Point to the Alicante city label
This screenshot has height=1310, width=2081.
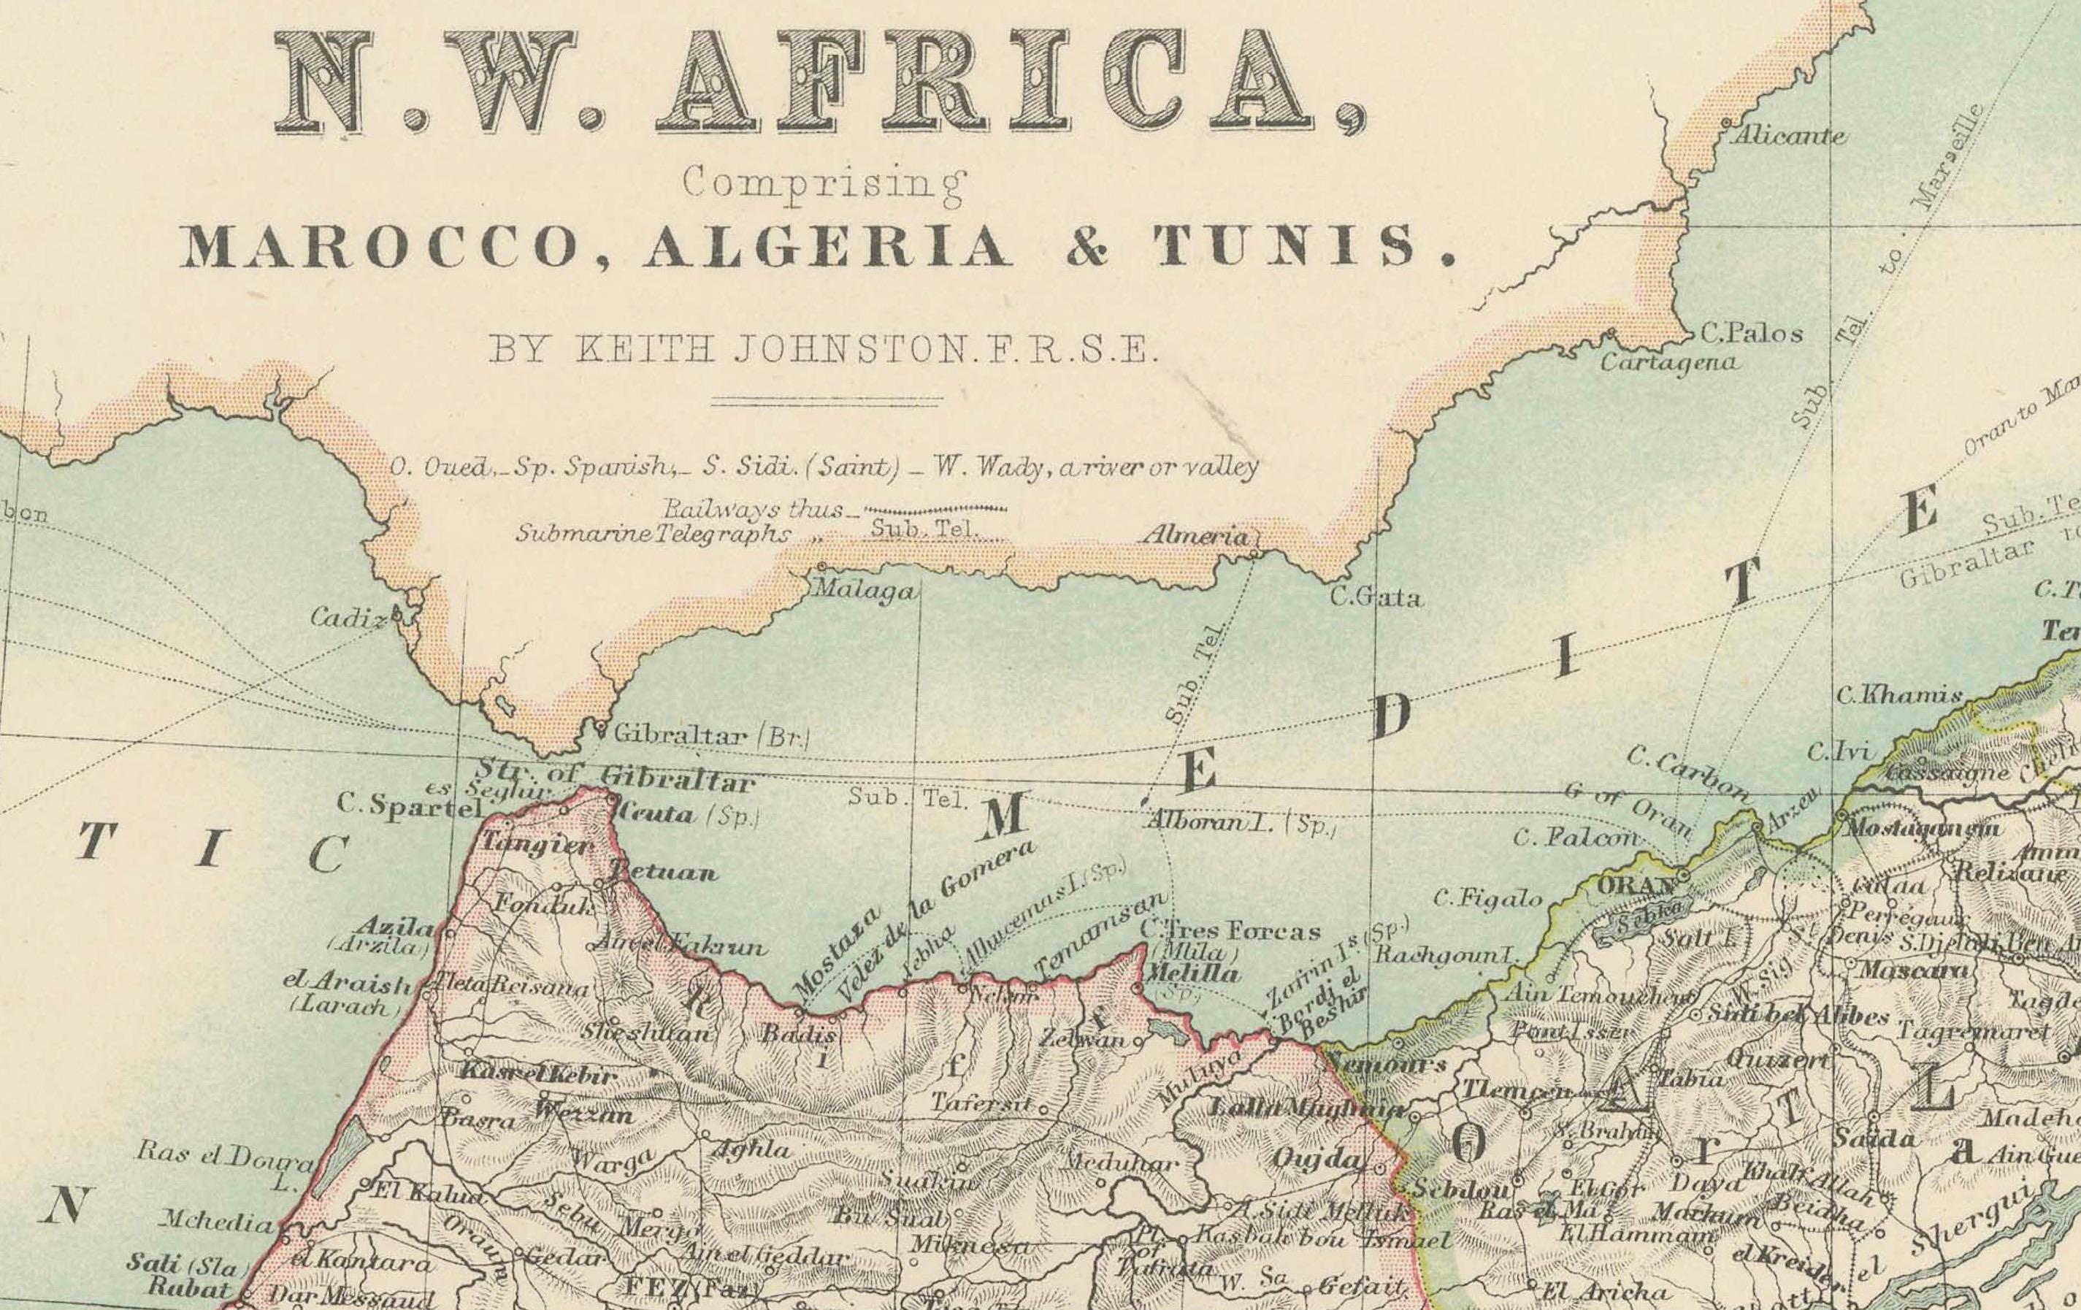pyautogui.click(x=1788, y=136)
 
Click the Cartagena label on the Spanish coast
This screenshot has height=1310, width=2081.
pyautogui.click(x=1668, y=362)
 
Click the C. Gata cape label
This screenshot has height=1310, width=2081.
pyautogui.click(x=1375, y=597)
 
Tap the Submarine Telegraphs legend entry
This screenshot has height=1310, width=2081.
pyautogui.click(x=653, y=533)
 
